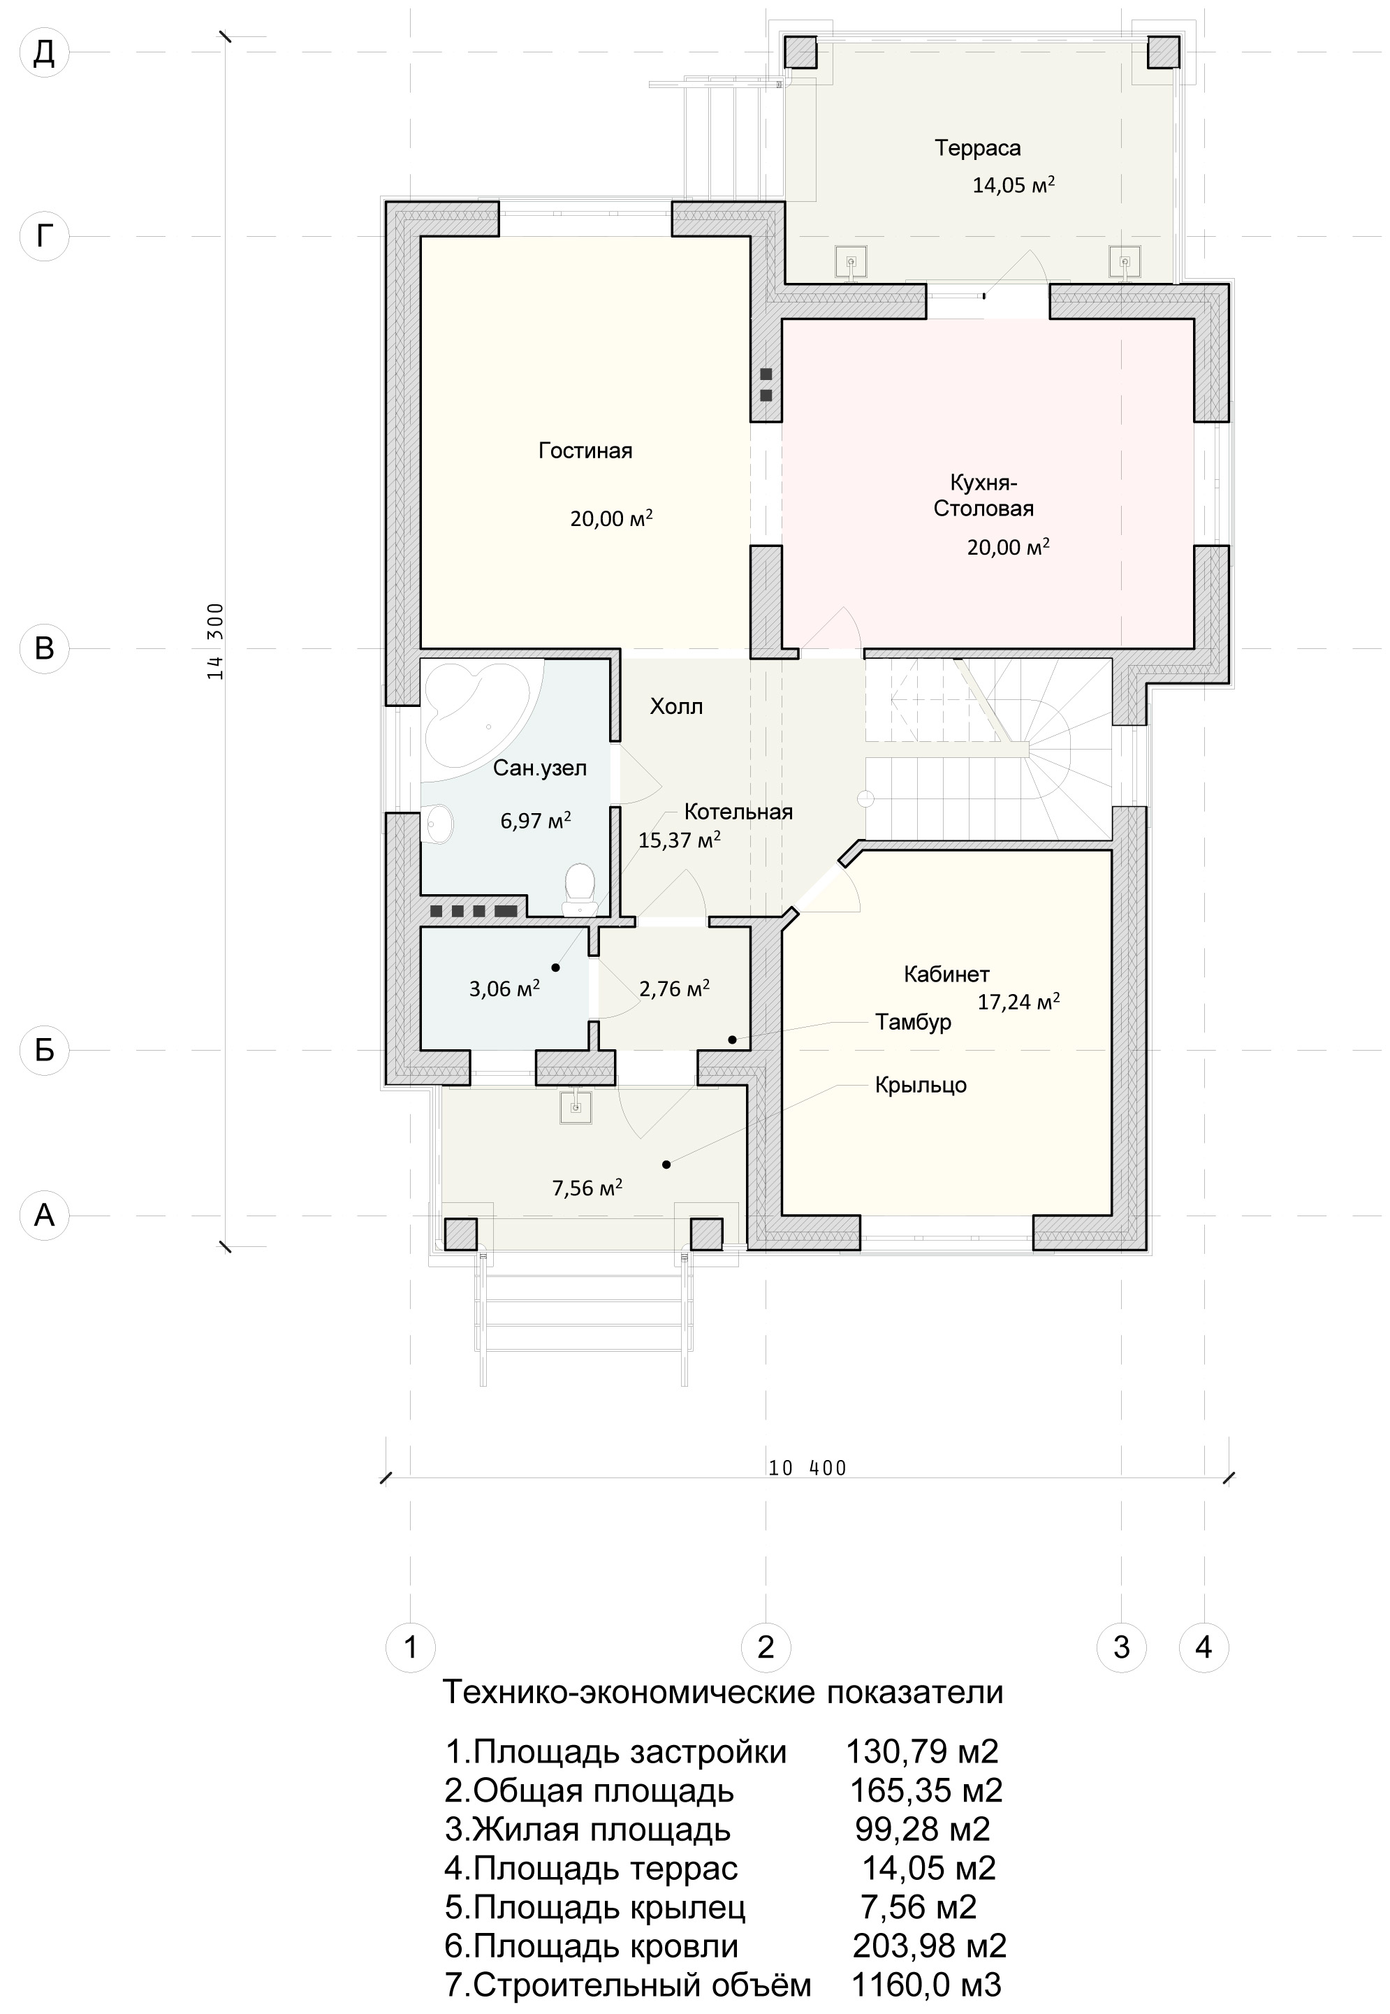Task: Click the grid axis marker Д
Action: click(x=45, y=52)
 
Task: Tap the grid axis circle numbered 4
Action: click(x=1204, y=1647)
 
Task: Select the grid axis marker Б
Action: click(x=45, y=1050)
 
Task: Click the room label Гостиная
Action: click(x=585, y=451)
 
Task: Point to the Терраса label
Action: click(x=978, y=148)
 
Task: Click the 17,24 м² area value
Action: click(x=1018, y=1002)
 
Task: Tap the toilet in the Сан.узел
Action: click(x=578, y=889)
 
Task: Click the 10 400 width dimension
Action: click(x=807, y=1468)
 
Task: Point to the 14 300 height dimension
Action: click(x=215, y=641)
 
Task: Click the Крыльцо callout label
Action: click(x=921, y=1086)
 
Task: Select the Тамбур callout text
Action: click(x=913, y=1022)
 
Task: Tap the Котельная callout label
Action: click(x=738, y=812)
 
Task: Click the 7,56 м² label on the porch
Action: click(x=587, y=1188)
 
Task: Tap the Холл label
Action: click(x=677, y=706)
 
